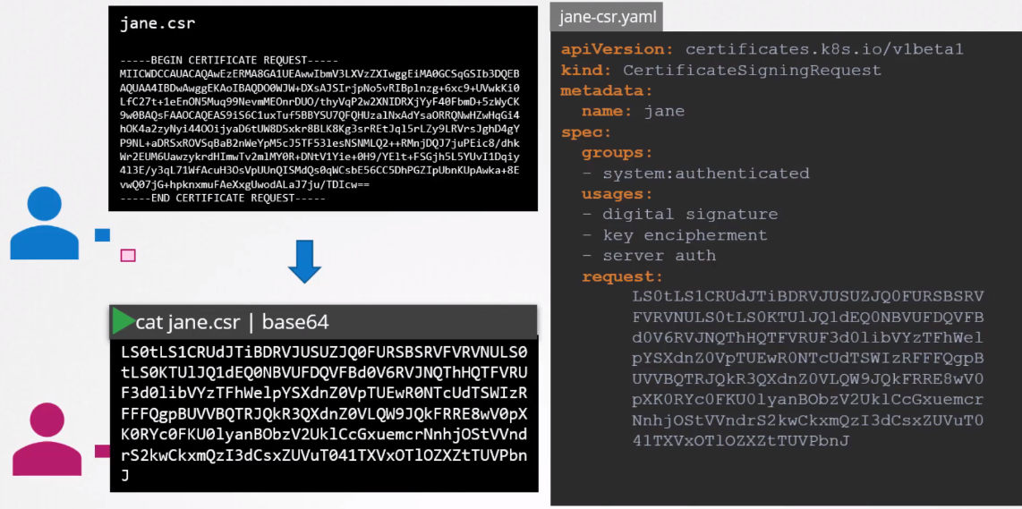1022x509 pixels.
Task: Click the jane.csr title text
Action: click(x=158, y=24)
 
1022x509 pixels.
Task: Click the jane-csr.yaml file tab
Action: click(x=606, y=16)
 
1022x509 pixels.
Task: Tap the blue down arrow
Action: click(x=305, y=260)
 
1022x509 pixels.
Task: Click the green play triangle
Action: click(x=122, y=321)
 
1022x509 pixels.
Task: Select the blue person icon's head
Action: click(x=44, y=204)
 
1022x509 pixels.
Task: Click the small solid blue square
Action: click(x=103, y=235)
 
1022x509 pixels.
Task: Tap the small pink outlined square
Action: click(x=128, y=256)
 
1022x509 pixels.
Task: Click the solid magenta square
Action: click(x=103, y=451)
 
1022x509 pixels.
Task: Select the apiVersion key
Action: click(x=617, y=49)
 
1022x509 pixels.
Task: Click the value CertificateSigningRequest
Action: click(x=752, y=70)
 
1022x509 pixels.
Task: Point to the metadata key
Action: click(x=606, y=90)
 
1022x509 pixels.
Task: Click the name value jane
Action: click(x=664, y=111)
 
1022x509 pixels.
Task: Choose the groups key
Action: click(x=617, y=152)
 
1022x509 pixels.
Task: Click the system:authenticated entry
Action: click(x=705, y=173)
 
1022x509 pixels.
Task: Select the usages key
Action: click(x=617, y=193)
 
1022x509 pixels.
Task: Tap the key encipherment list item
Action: click(x=685, y=234)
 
